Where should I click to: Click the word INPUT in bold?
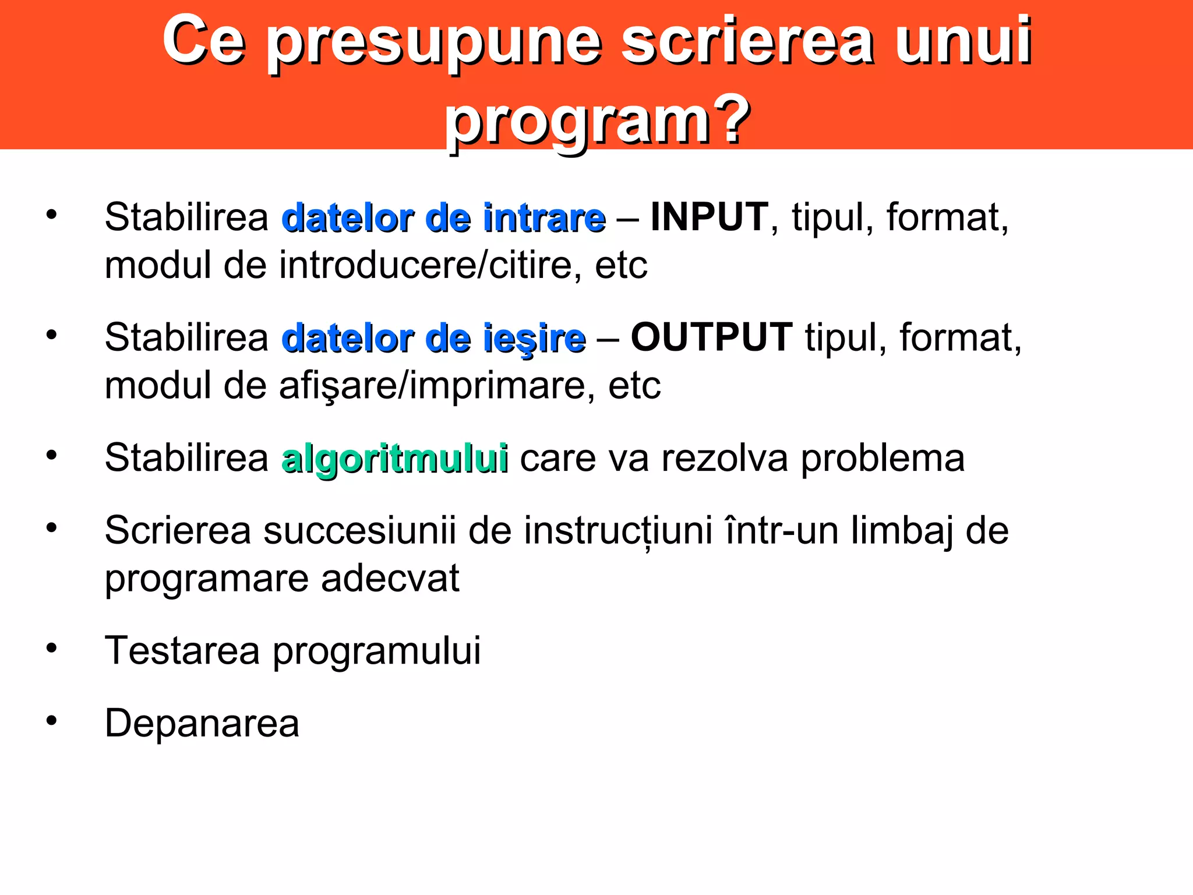tap(709, 217)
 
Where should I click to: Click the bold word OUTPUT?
tap(711, 337)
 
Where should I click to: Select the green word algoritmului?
tap(394, 459)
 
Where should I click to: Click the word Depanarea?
tap(202, 724)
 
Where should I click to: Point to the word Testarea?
tap(182, 650)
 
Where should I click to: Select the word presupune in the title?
tap(434, 42)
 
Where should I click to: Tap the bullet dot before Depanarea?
tap(52, 721)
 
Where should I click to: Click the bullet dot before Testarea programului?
tap(52, 648)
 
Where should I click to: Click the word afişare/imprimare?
tap(437, 386)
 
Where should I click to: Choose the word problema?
tap(883, 459)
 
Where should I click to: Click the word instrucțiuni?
tap(618, 531)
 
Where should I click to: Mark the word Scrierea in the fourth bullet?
tap(178, 531)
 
